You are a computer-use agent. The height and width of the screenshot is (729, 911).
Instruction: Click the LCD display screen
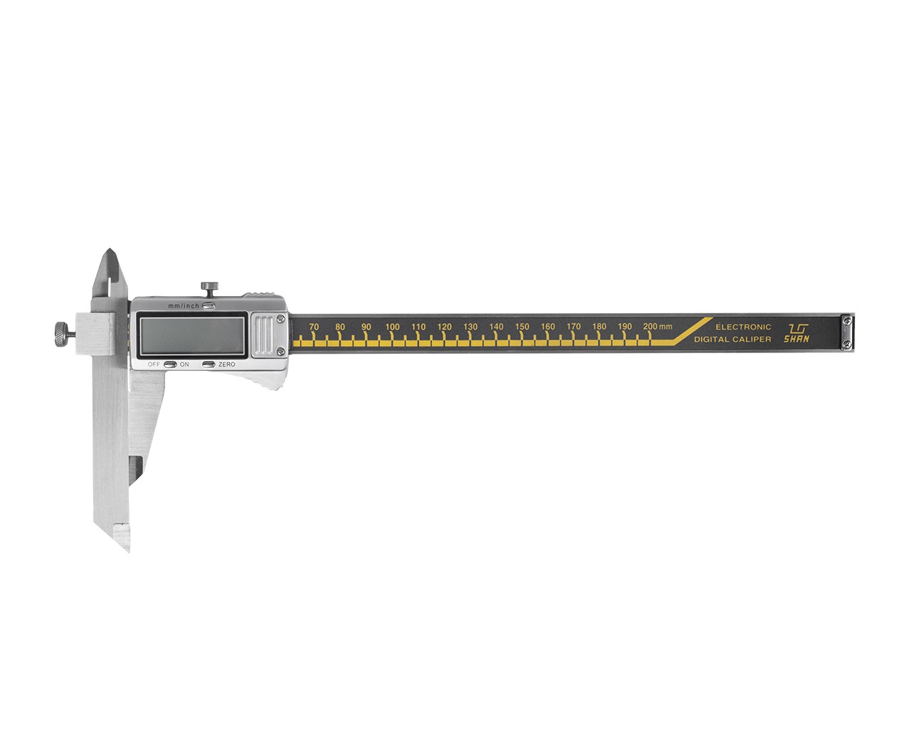point(192,335)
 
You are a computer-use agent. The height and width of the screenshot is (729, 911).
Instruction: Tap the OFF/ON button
point(170,364)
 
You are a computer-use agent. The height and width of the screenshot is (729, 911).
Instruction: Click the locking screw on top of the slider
point(209,289)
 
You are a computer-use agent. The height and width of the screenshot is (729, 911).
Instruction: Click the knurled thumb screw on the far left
point(62,334)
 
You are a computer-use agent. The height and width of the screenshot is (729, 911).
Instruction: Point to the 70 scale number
point(314,327)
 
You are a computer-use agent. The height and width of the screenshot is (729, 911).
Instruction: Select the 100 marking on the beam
point(392,327)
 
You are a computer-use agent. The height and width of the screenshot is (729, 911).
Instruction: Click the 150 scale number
point(522,327)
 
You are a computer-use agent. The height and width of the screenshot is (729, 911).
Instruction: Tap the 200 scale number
point(651,327)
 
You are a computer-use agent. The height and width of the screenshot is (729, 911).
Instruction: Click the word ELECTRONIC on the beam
point(743,327)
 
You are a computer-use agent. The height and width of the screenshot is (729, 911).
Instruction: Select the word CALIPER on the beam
point(750,340)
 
